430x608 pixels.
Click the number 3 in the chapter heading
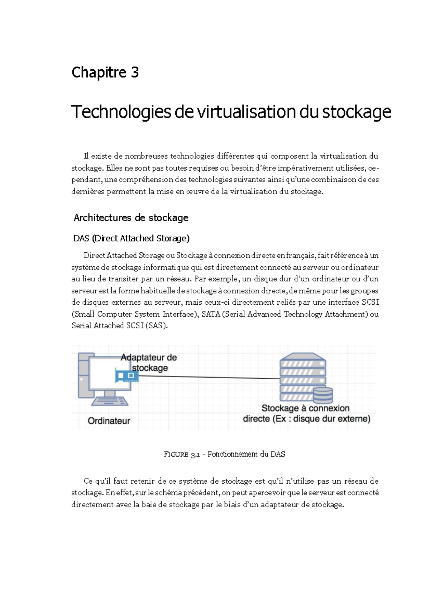(x=135, y=72)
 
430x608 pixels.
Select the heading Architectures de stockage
(x=131, y=218)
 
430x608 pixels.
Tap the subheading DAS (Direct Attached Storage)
(x=131, y=238)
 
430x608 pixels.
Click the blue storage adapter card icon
(x=127, y=376)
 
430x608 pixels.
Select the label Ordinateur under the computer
(x=109, y=421)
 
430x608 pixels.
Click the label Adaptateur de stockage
(x=149, y=362)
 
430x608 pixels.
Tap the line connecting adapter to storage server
(x=208, y=377)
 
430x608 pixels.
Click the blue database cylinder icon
(x=323, y=395)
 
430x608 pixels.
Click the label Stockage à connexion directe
(x=306, y=413)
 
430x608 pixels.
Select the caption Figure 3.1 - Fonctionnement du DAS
(x=224, y=454)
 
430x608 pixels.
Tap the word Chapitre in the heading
(x=99, y=72)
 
